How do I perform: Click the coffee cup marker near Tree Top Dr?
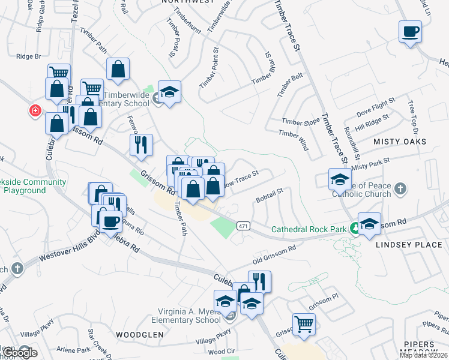(410, 31)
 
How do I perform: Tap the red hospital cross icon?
(35, 111)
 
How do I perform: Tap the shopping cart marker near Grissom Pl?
(304, 324)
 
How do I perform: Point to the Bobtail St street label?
(269, 195)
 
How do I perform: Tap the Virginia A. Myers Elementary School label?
(189, 316)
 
